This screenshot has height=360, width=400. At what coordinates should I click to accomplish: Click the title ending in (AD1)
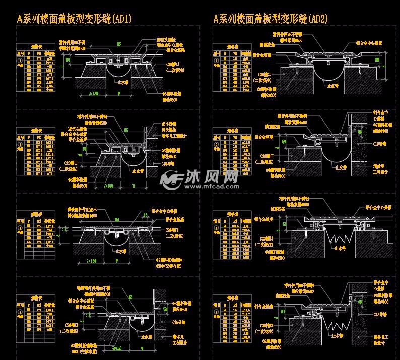tap(75, 19)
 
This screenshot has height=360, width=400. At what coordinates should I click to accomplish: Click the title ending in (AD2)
tap(271, 19)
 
